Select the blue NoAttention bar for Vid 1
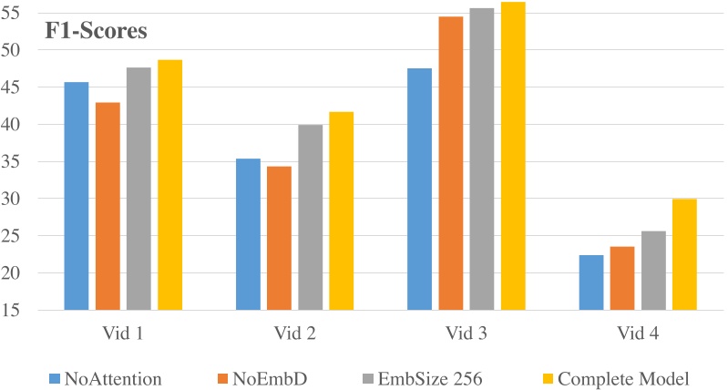tap(77, 196)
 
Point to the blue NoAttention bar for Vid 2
tap(248, 234)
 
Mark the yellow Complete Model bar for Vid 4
tap(685, 254)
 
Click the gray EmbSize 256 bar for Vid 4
tap(653, 271)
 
